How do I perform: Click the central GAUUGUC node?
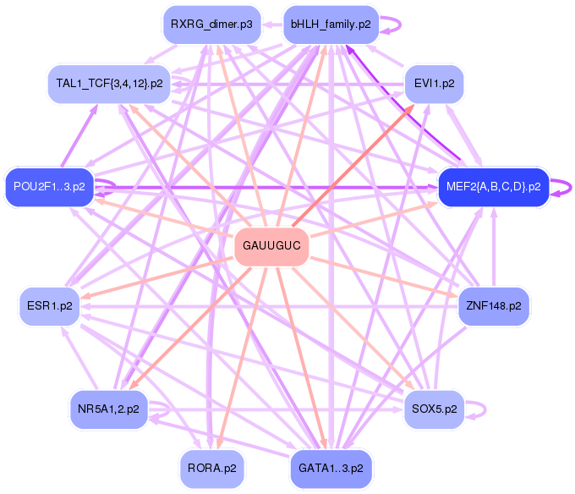click(271, 247)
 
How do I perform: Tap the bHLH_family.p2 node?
click(330, 25)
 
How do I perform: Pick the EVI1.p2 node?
click(434, 84)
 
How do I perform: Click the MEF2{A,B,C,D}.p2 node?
click(493, 186)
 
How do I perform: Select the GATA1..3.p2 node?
click(331, 467)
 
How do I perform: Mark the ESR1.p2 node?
click(50, 305)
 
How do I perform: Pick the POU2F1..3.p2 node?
click(50, 186)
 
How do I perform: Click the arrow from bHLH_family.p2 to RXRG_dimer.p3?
click(270, 25)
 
